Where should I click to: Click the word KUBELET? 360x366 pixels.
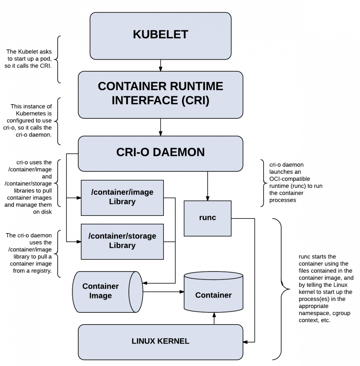(x=160, y=34)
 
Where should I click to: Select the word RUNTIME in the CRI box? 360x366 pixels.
(x=197, y=86)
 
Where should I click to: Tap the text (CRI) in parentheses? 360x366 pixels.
(x=195, y=101)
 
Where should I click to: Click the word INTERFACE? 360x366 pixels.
(x=145, y=101)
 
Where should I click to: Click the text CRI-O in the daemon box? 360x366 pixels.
(x=133, y=152)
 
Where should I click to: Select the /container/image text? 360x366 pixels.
(x=122, y=192)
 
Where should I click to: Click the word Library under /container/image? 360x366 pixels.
(x=122, y=202)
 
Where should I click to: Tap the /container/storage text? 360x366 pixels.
(x=122, y=236)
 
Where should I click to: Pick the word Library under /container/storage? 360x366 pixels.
(x=122, y=246)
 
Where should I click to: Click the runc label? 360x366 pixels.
(x=207, y=218)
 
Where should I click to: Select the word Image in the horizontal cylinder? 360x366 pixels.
(x=100, y=296)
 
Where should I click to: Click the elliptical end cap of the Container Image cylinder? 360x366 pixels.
(x=136, y=292)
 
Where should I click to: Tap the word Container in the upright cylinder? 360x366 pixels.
(x=213, y=295)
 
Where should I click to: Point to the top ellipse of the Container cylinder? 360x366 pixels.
(x=213, y=276)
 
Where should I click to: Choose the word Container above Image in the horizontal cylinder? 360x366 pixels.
(x=100, y=286)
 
